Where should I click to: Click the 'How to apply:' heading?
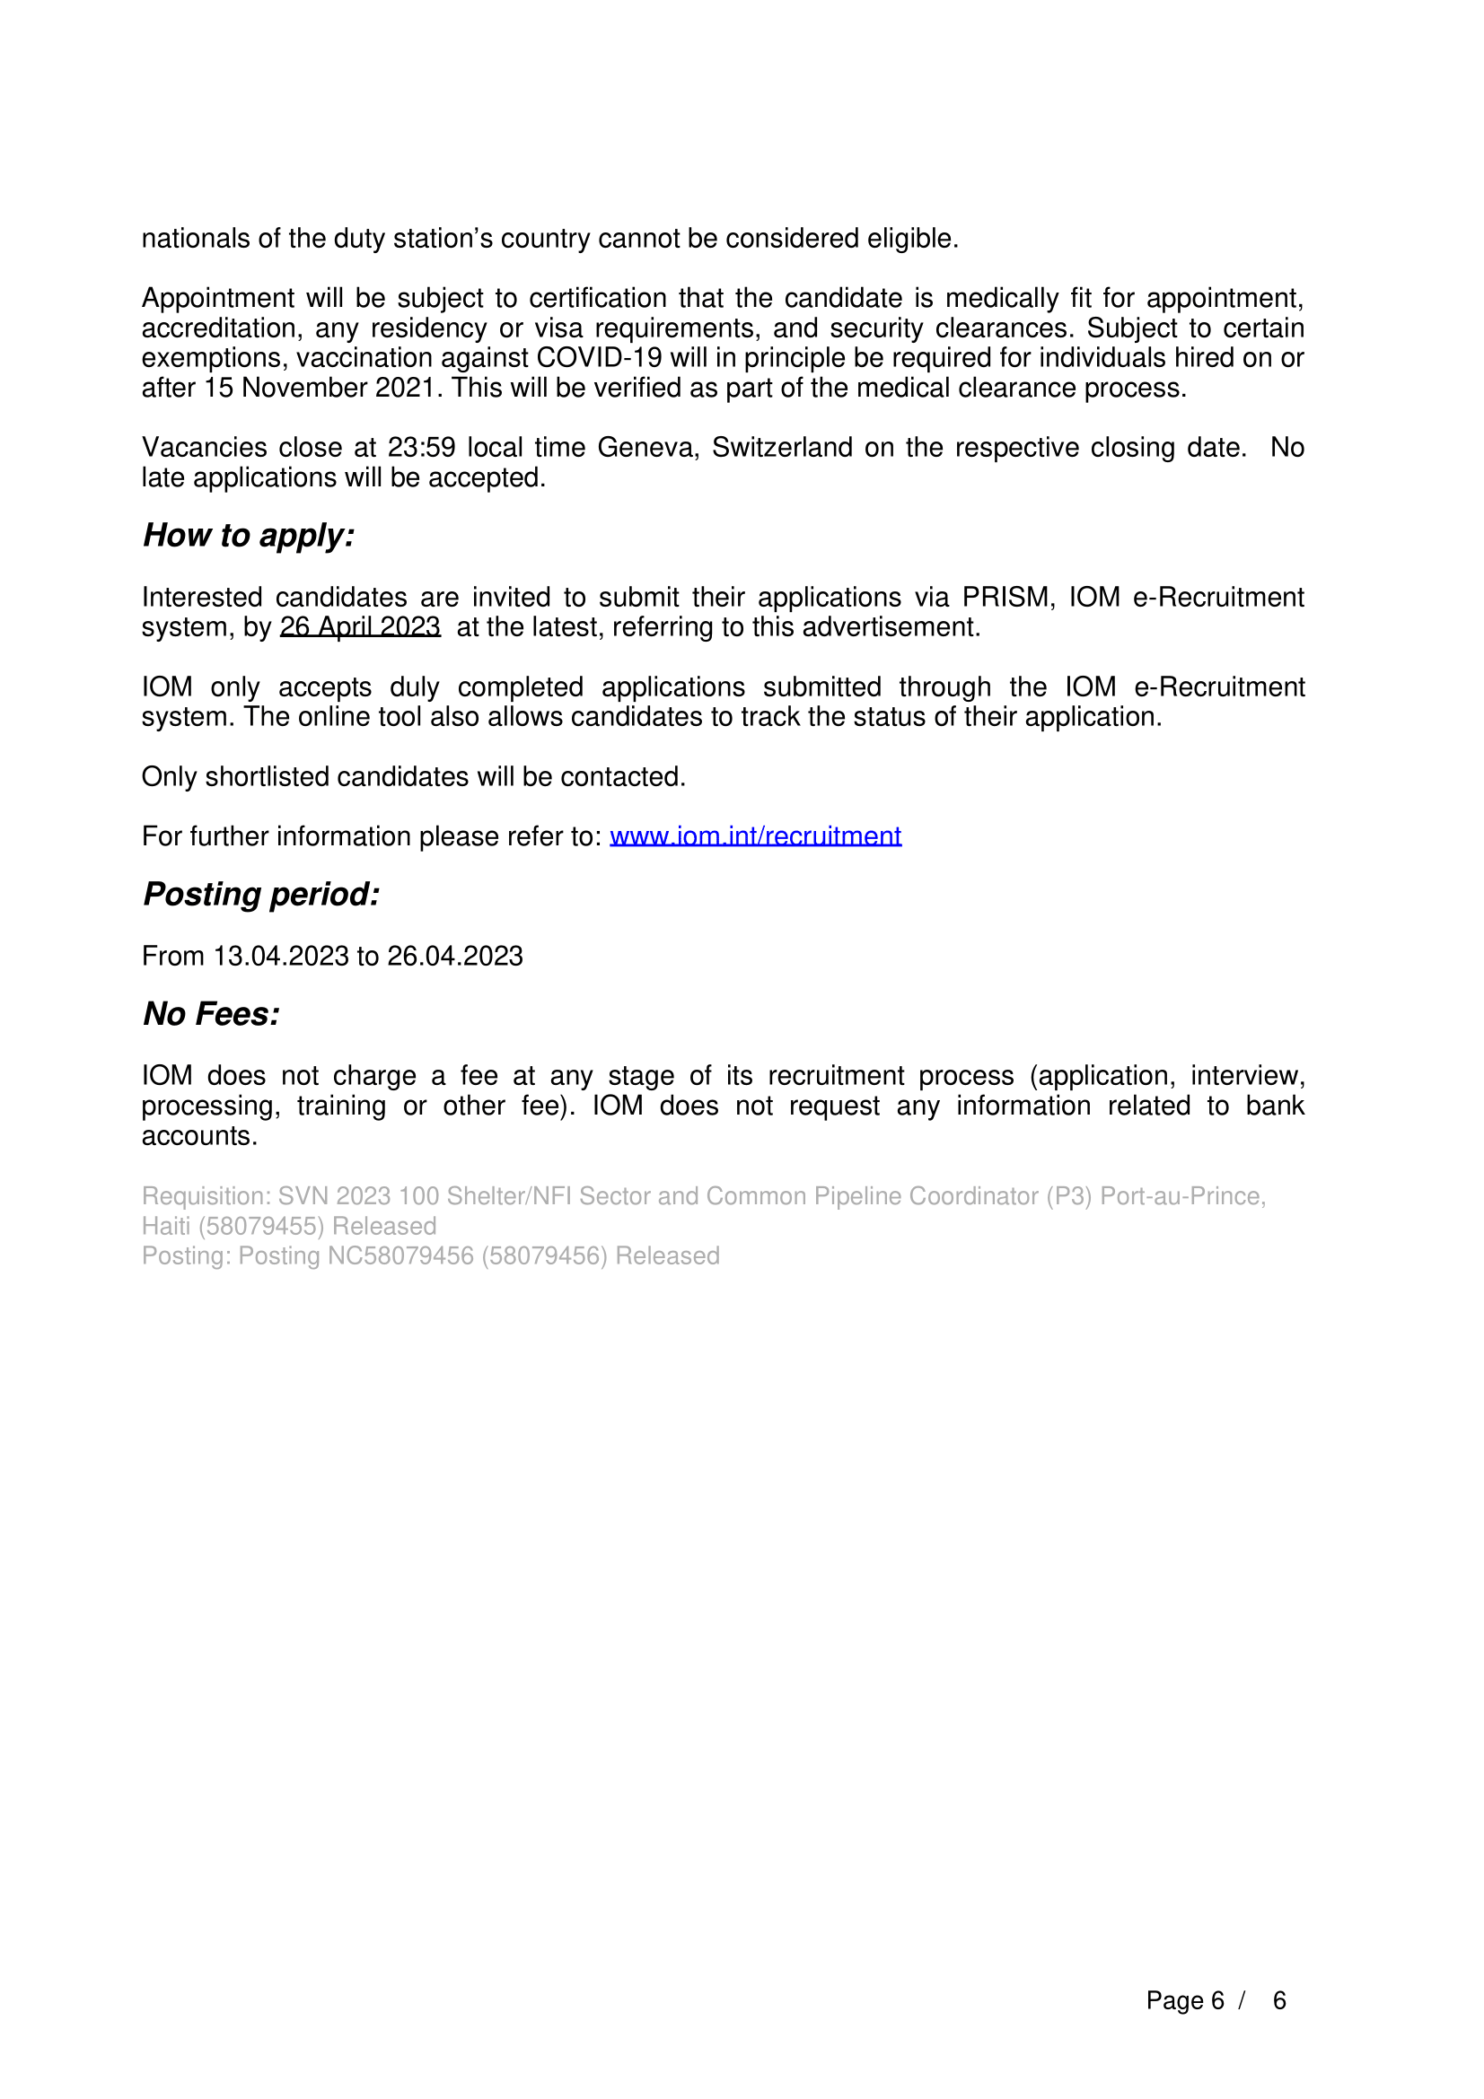(x=249, y=536)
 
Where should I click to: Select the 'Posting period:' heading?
(x=261, y=894)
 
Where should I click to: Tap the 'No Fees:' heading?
(x=211, y=1014)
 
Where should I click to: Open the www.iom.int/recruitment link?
(x=755, y=836)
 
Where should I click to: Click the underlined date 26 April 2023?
(x=360, y=627)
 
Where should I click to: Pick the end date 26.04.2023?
(x=454, y=957)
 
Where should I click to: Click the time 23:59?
(x=421, y=448)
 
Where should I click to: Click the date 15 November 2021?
(x=319, y=389)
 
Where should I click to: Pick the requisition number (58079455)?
(x=260, y=1226)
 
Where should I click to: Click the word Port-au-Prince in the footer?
(x=1182, y=1197)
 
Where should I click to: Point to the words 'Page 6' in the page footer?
(x=1184, y=2001)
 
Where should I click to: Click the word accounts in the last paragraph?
(x=198, y=1136)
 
